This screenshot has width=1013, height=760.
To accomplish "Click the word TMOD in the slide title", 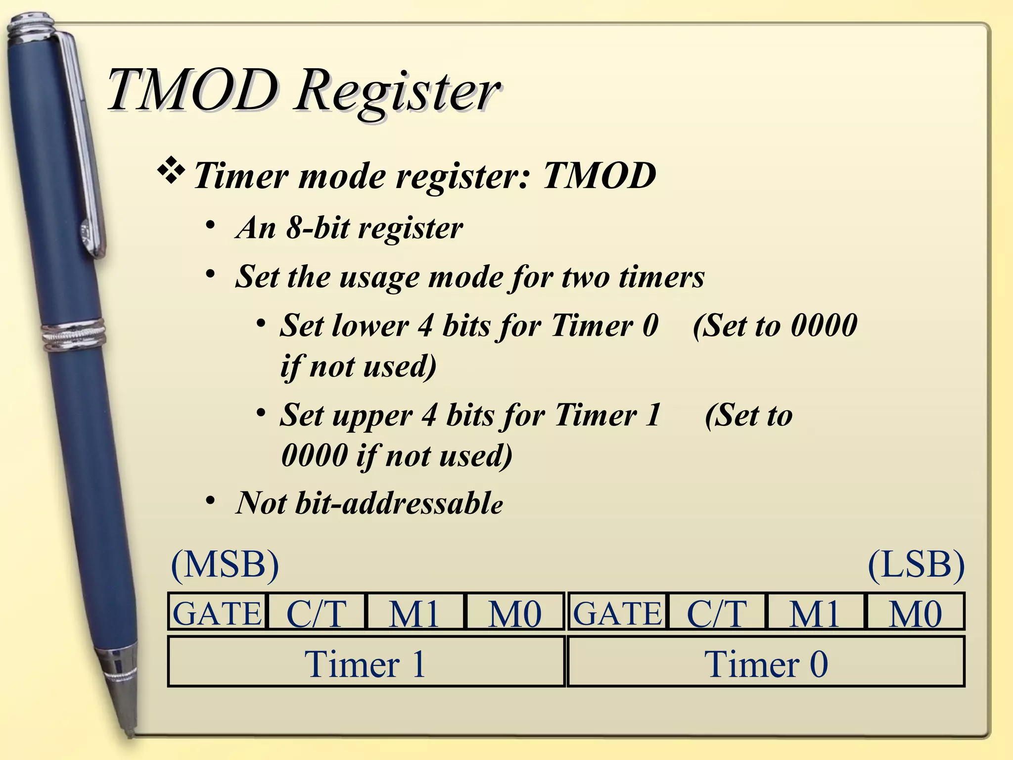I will pyautogui.click(x=193, y=92).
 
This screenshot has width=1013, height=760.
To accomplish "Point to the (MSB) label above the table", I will pyautogui.click(x=225, y=565).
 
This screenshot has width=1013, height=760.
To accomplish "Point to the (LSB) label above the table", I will pyautogui.click(x=916, y=565).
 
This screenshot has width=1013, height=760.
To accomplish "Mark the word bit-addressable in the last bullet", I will pyautogui.click(x=399, y=503).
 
